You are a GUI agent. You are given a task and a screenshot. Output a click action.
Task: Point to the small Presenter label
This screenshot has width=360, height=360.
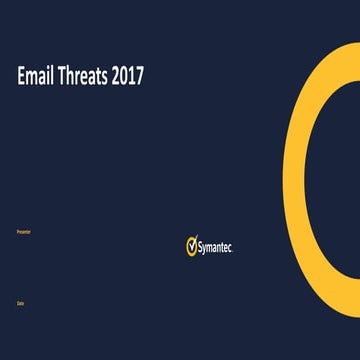click(x=24, y=231)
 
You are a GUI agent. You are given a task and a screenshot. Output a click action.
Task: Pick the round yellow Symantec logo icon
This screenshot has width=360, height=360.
click(x=192, y=246)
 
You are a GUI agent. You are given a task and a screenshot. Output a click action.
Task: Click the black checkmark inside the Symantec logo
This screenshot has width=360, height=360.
click(x=192, y=245)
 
